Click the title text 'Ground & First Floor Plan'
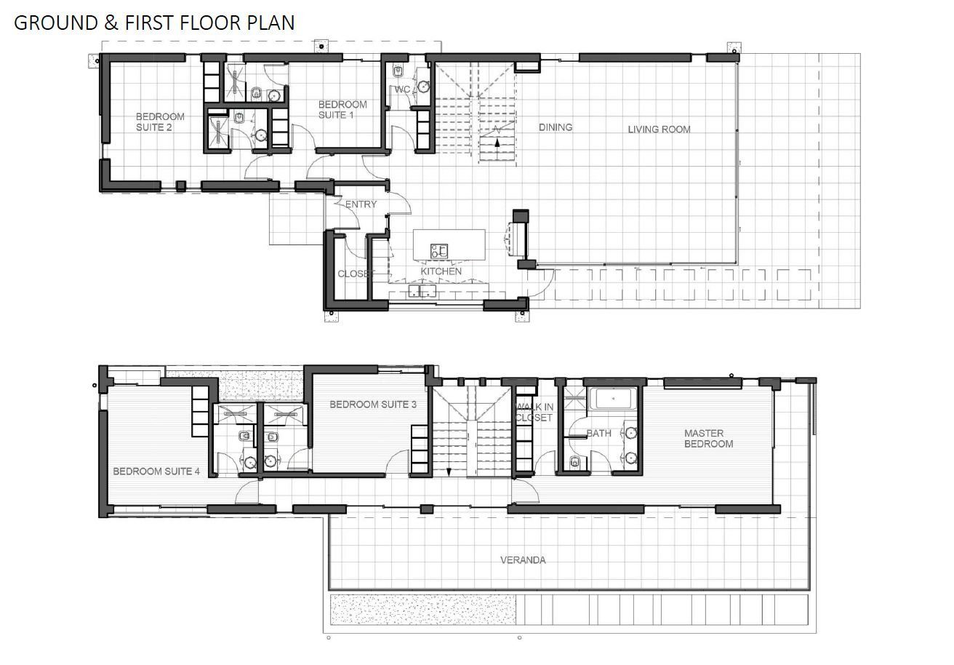[x=154, y=23]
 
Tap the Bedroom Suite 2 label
[x=160, y=122]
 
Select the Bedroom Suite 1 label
[x=342, y=110]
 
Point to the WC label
[x=403, y=89]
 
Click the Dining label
[x=556, y=127]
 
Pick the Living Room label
[x=659, y=130]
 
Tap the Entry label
[x=361, y=204]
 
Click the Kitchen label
[x=441, y=271]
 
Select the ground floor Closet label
[x=356, y=274]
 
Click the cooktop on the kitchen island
[x=438, y=251]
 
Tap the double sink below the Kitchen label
[x=422, y=291]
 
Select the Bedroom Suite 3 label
[x=373, y=404]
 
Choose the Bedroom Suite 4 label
[x=156, y=471]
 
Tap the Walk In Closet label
[x=534, y=413]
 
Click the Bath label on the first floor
[x=599, y=433]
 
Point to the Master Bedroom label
[x=709, y=438]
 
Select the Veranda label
[x=523, y=560]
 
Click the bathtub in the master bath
[x=613, y=399]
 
